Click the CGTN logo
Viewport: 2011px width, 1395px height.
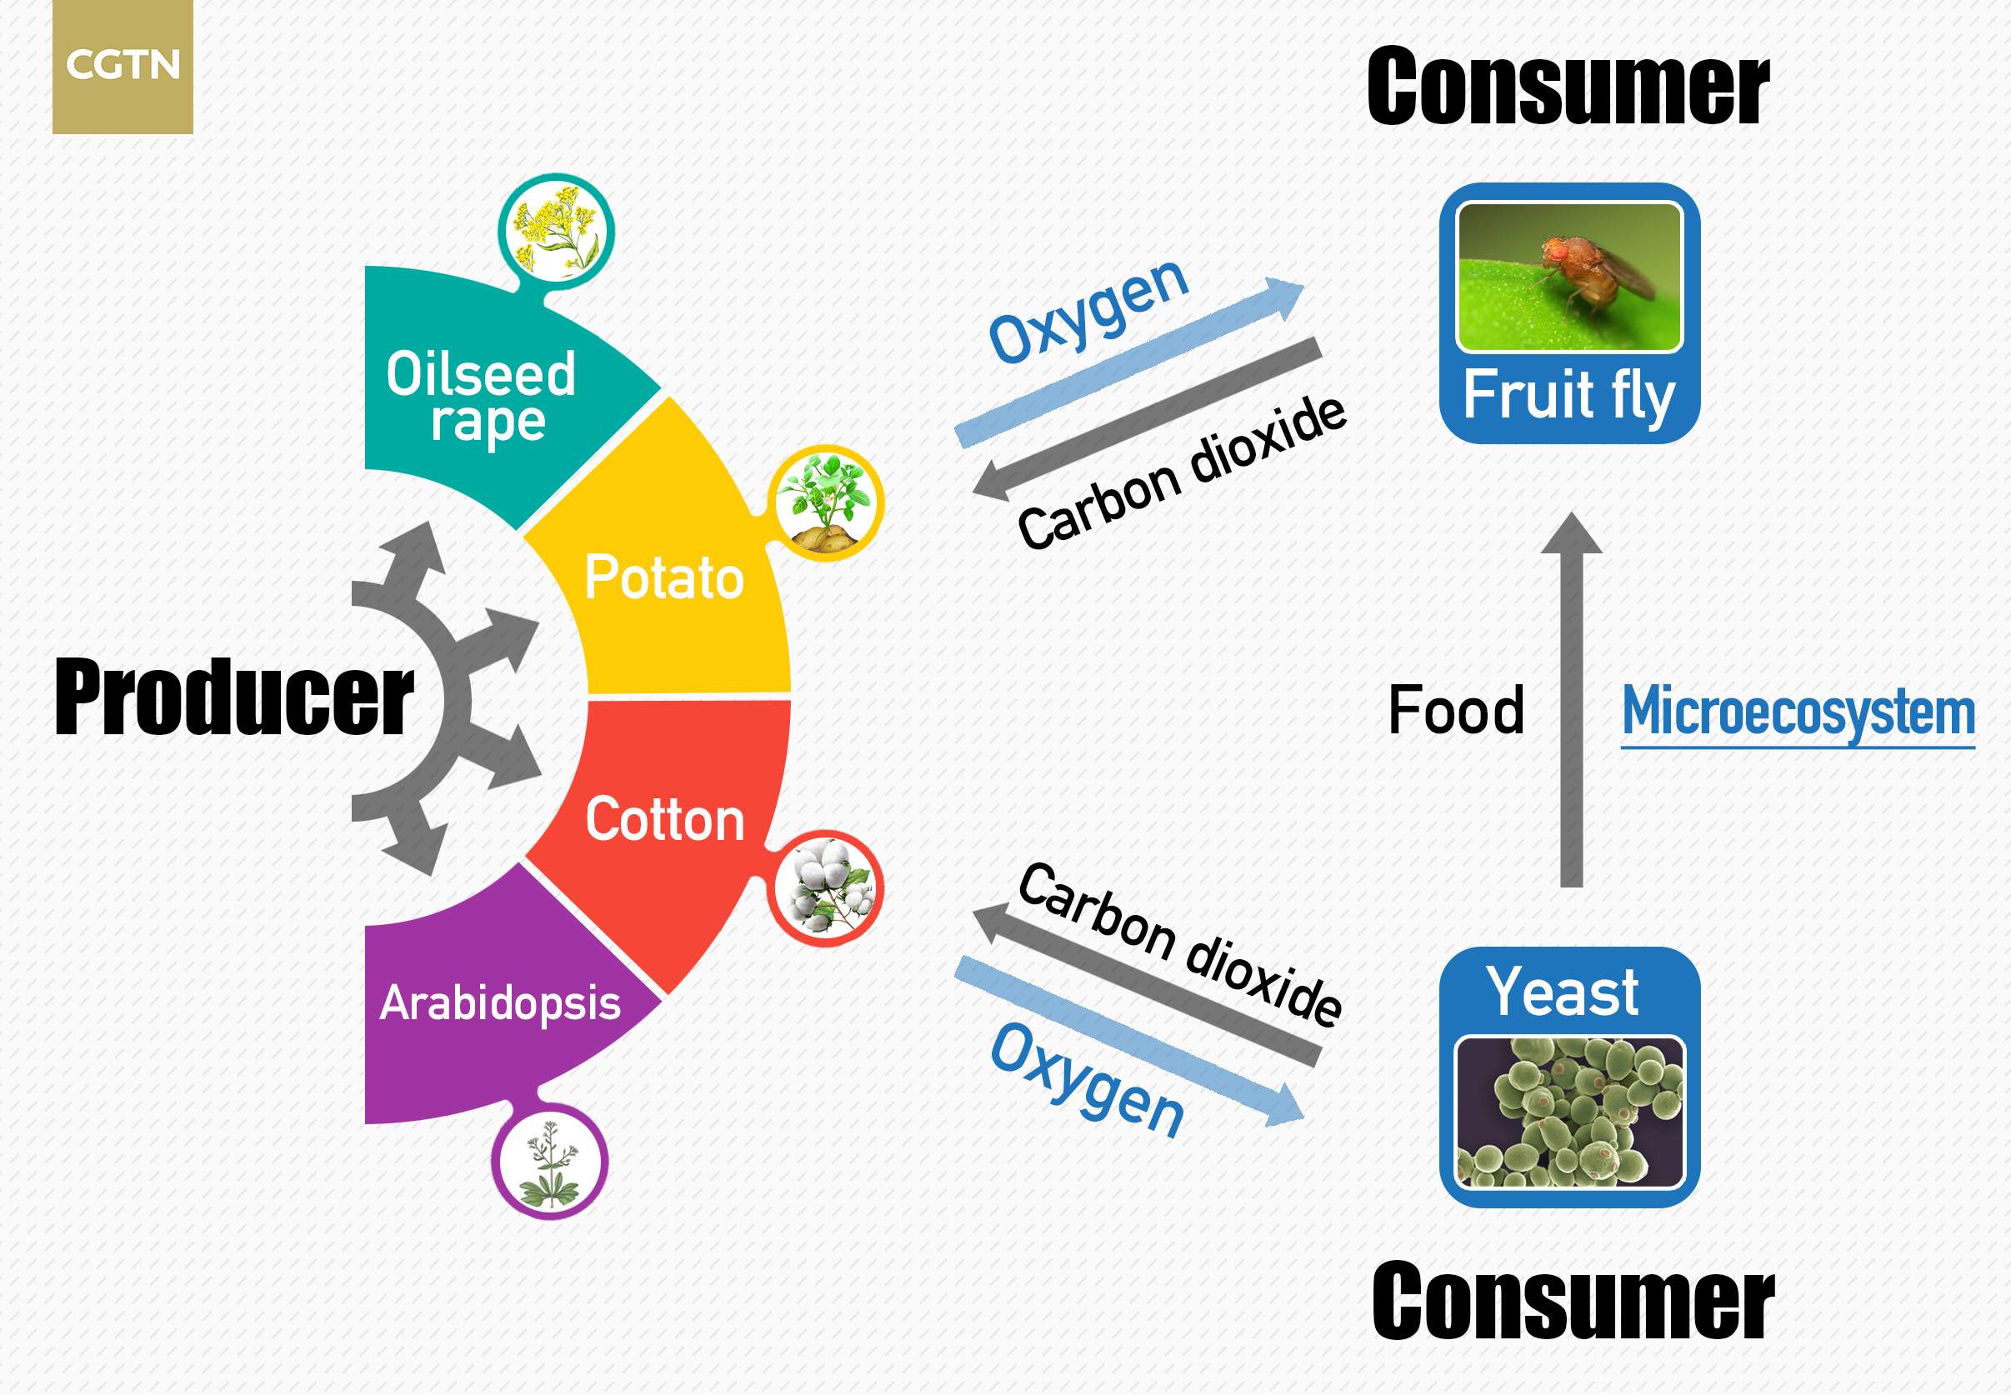coord(123,67)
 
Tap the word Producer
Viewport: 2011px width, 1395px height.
coord(233,697)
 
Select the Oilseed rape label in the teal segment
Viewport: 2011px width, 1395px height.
coord(482,397)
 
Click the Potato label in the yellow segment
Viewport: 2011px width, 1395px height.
coord(664,577)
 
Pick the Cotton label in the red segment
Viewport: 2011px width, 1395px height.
coord(665,819)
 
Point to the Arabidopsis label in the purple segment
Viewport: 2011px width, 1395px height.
coord(500,1002)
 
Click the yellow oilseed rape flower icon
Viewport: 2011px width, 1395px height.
coord(557,231)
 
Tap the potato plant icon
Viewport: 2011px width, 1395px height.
coord(826,502)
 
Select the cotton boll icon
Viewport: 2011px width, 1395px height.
coord(826,887)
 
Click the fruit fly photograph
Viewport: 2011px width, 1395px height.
coord(1569,276)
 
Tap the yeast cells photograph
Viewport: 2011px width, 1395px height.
coord(1569,1112)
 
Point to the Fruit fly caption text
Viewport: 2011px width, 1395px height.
coord(1569,395)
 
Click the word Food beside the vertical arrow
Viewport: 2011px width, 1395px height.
coord(1456,710)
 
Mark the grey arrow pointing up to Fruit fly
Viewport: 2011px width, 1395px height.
coord(1572,699)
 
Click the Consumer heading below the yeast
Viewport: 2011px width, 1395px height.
coord(1573,1301)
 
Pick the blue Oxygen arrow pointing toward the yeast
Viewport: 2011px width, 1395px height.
coord(1129,1041)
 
